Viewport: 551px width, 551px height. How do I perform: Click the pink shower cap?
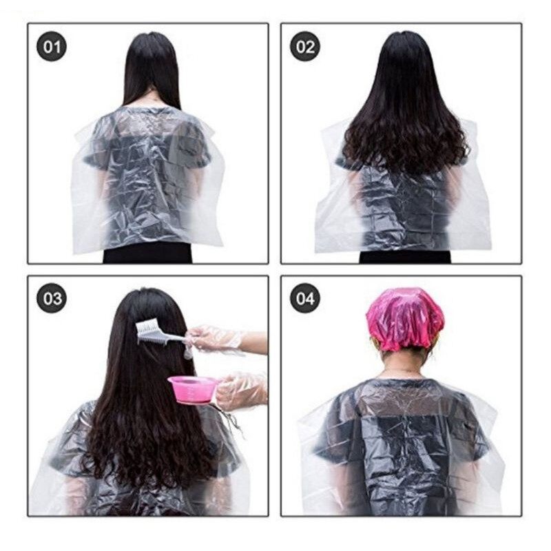coord(404,318)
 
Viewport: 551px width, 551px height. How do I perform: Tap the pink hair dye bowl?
coord(194,388)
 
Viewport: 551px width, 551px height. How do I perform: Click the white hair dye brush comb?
coord(155,333)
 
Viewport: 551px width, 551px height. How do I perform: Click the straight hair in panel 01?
coord(152,69)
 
